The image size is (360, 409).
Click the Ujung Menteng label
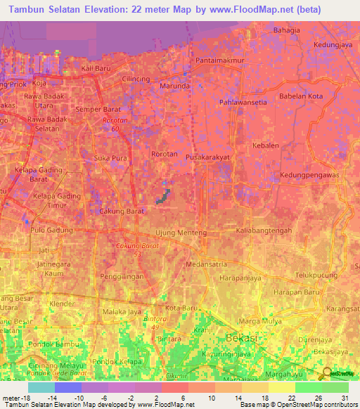pyautogui.click(x=181, y=233)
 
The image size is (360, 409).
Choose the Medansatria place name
pyautogui.click(x=207, y=265)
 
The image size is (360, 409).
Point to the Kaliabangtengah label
pyautogui.click(x=264, y=231)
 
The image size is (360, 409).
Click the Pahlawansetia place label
pyautogui.click(x=244, y=102)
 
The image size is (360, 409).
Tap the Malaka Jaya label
pyautogui.click(x=122, y=312)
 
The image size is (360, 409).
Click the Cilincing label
pyautogui.click(x=136, y=79)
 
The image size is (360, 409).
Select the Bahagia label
pyautogui.click(x=287, y=30)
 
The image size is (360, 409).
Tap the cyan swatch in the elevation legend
pyautogui.click(x=41, y=387)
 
